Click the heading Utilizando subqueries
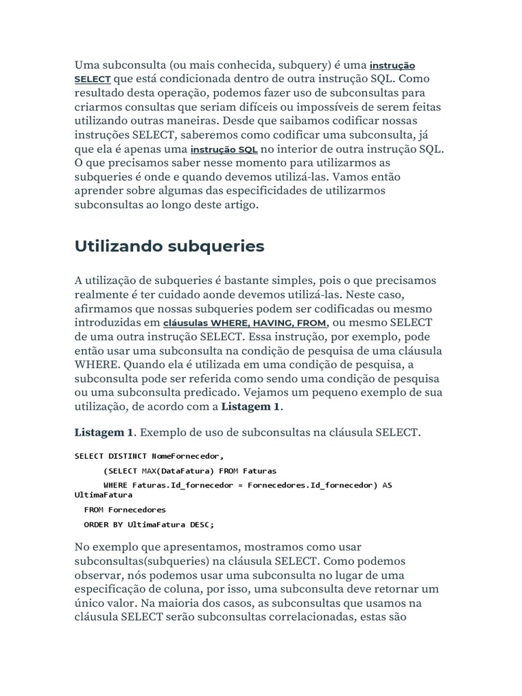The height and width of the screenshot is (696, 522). pyautogui.click(x=169, y=246)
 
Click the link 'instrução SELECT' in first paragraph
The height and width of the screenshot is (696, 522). pyautogui.click(x=391, y=66)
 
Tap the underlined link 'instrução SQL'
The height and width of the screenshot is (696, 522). pyautogui.click(x=224, y=150)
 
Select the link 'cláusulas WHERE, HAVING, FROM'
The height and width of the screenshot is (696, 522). pyautogui.click(x=245, y=323)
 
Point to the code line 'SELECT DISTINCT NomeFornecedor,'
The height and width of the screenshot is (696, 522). pyautogui.click(x=148, y=455)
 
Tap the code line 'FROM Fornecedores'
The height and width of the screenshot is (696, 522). pyautogui.click(x=124, y=509)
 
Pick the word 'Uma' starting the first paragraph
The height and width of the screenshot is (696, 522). pyautogui.click(x=86, y=65)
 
